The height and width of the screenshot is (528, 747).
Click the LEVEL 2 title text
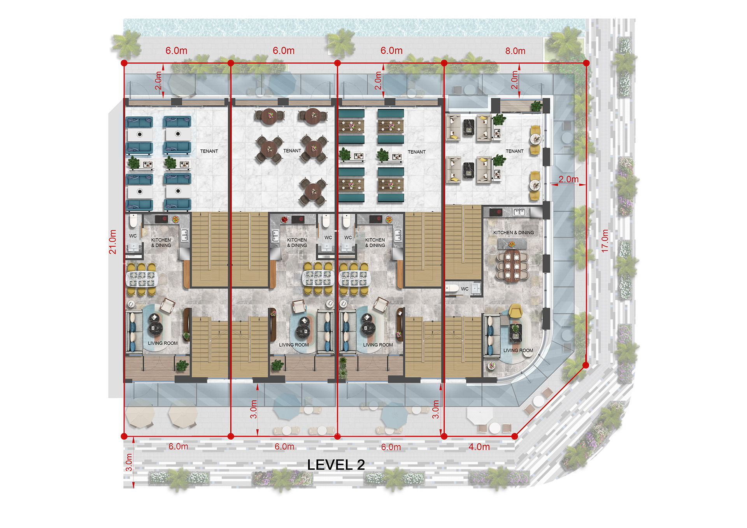336,465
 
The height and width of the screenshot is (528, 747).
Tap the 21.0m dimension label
112,242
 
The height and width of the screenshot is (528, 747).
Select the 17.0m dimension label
605,241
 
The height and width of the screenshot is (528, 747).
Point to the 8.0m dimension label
515,51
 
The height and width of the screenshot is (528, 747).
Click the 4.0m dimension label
479,447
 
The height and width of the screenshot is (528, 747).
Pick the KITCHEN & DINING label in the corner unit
514,233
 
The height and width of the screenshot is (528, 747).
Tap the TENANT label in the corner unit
514,151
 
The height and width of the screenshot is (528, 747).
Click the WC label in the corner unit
465,289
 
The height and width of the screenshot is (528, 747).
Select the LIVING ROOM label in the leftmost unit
163,343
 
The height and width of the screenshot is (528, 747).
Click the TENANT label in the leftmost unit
209,151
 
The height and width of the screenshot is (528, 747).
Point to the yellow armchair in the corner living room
515,310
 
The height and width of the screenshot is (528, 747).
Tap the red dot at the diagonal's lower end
514,436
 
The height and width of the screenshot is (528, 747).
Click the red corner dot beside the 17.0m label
586,365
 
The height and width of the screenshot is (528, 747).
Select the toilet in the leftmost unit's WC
133,221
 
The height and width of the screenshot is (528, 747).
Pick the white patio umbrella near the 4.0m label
480,416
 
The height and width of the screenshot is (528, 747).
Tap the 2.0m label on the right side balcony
568,179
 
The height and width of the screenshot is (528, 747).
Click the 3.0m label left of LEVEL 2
129,462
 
